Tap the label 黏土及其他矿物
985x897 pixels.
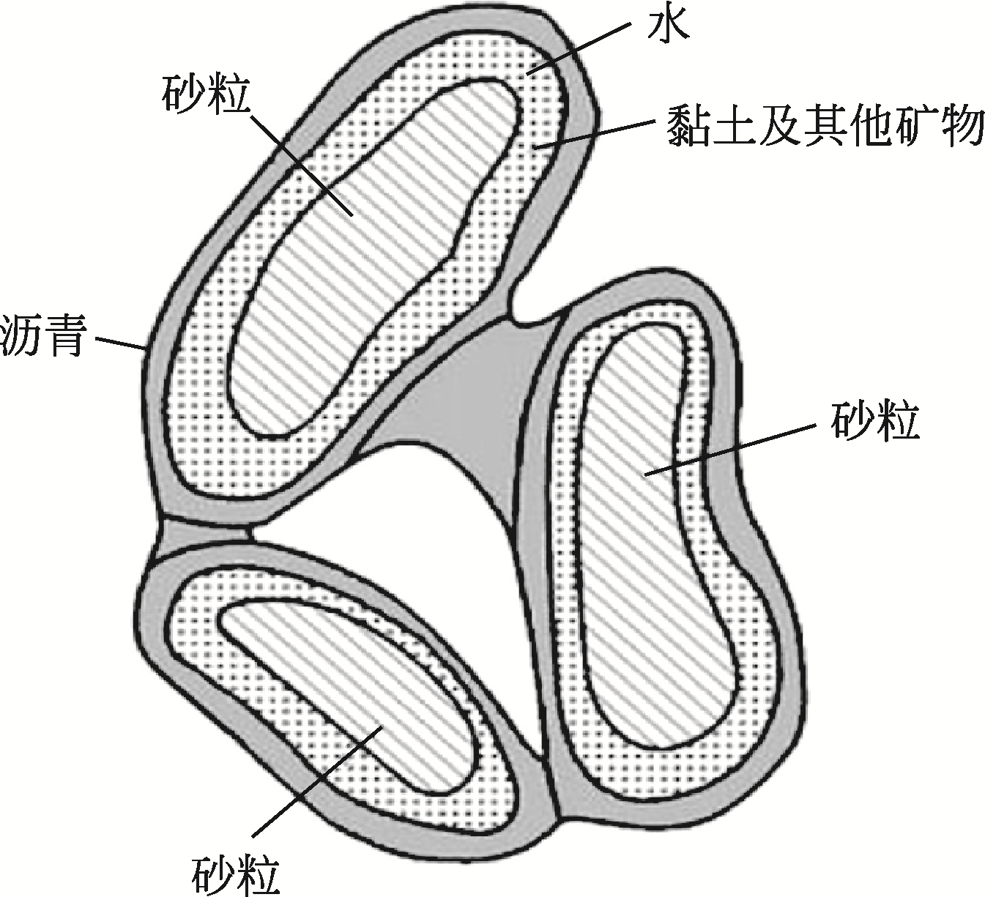click(824, 126)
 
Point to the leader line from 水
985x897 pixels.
click(579, 48)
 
